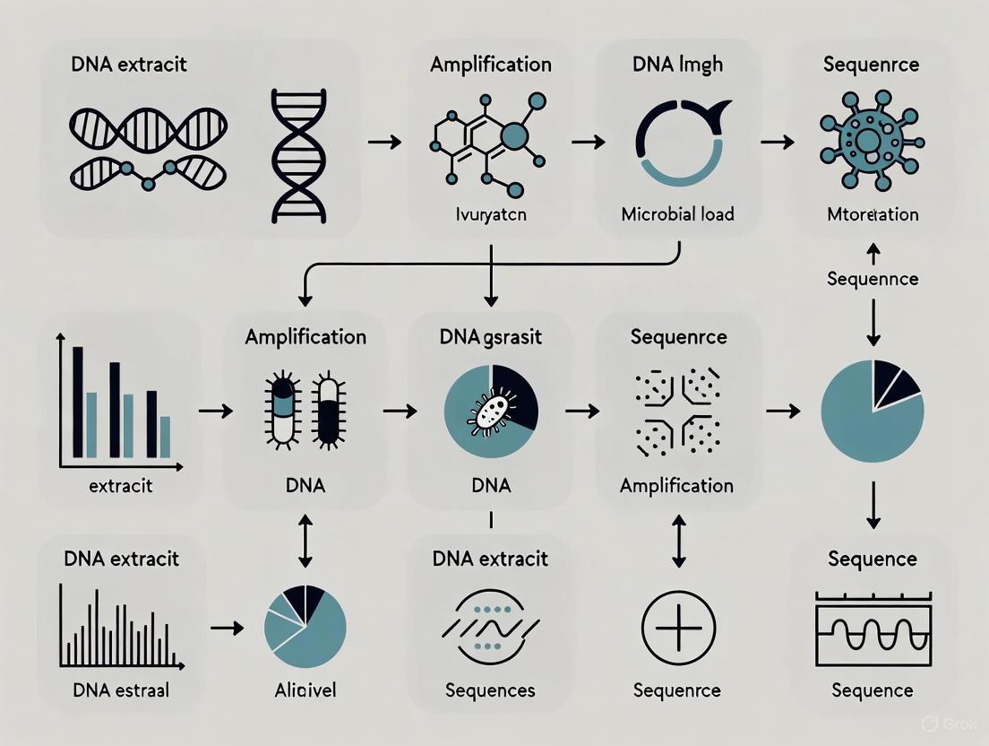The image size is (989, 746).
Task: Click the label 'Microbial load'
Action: click(678, 213)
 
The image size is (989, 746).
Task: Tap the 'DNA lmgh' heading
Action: click(679, 65)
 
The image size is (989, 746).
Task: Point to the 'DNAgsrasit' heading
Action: click(489, 337)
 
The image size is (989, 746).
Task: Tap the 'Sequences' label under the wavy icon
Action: click(490, 690)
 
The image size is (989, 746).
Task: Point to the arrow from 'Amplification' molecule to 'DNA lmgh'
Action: click(588, 141)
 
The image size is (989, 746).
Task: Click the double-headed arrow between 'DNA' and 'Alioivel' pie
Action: click(305, 540)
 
